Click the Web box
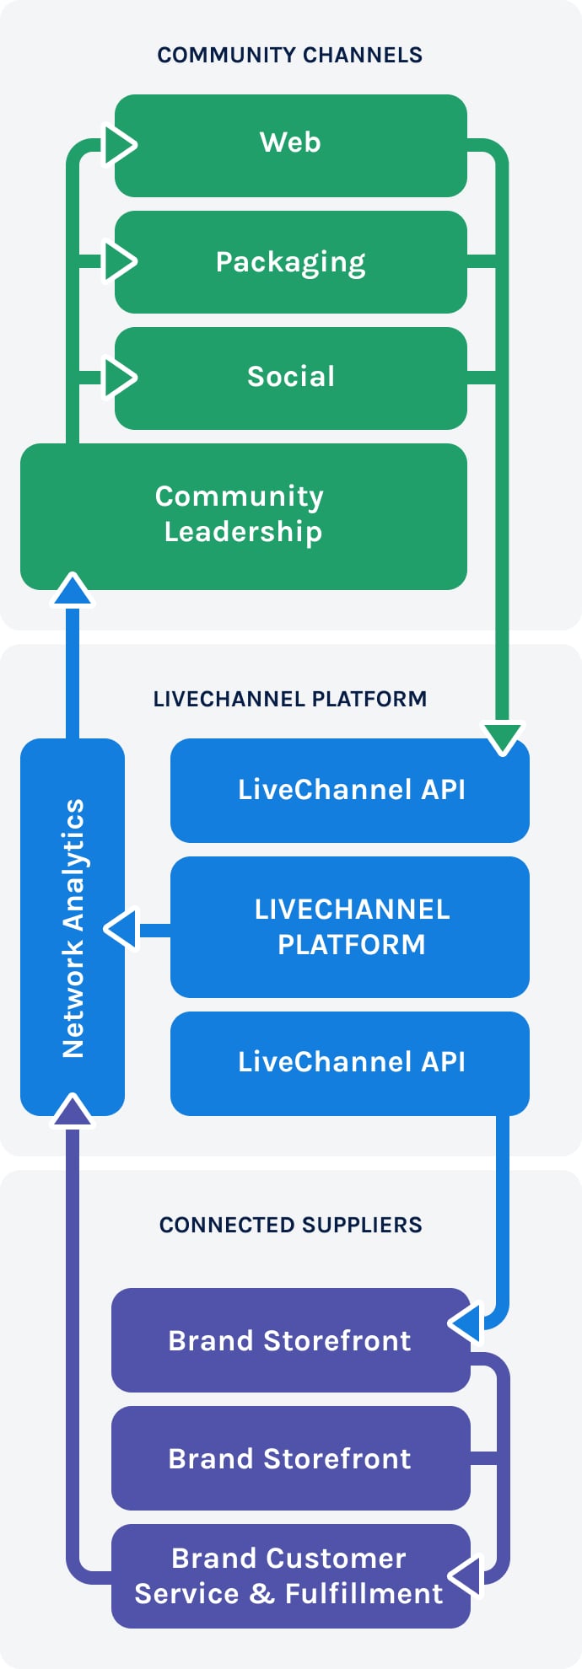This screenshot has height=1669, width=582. tap(290, 145)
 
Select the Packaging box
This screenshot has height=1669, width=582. tap(290, 262)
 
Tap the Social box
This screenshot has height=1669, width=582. tap(290, 378)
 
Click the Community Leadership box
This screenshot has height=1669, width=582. tap(243, 516)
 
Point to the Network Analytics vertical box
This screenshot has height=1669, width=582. tap(73, 927)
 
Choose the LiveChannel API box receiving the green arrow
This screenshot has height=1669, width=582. tap(350, 791)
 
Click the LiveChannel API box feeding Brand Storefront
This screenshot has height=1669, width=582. tap(350, 1063)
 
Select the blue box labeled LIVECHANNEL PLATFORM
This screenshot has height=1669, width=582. tap(350, 927)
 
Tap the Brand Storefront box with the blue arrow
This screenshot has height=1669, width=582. tap(290, 1340)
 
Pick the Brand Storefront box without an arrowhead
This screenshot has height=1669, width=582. tap(290, 1458)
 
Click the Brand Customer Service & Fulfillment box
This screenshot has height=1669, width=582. tap(290, 1576)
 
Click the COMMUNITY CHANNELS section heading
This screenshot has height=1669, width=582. tap(290, 55)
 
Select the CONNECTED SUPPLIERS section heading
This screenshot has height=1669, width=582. tap(290, 1225)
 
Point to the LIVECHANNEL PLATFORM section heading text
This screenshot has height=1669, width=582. tap(290, 699)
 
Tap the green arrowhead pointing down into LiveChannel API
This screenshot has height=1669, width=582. tap(503, 736)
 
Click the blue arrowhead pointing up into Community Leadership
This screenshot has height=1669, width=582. tap(73, 590)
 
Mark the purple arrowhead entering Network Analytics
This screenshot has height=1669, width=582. tap(73, 1111)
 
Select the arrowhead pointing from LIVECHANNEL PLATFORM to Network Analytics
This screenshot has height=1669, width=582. tap(122, 930)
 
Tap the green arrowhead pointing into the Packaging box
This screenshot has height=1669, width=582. tap(119, 261)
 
